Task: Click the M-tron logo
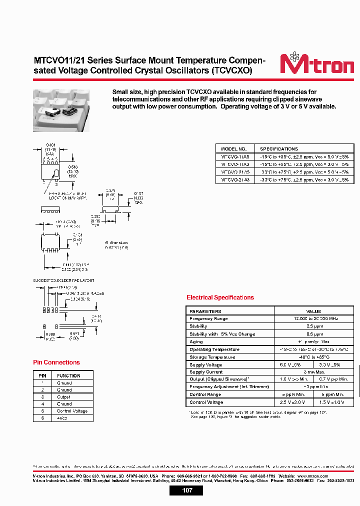pos(316,64)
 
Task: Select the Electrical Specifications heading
pos(220,297)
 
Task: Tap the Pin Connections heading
pos(56,362)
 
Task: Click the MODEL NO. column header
pos(234,149)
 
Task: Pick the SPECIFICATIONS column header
pos(279,149)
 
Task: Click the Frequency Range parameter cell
pos(208,318)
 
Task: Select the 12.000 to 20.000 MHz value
pos(313,318)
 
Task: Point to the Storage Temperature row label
pos(212,357)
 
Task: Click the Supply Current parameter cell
pos(206,372)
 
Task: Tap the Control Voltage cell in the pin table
pos(72,411)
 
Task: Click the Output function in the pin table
pos(64,396)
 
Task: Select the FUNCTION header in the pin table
pos(68,375)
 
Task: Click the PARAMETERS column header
pos(205,311)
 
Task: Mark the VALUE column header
pos(313,311)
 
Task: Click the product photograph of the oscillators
pos(61,110)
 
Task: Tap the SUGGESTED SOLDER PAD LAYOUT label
pos(64,280)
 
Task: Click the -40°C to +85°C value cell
pos(313,357)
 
